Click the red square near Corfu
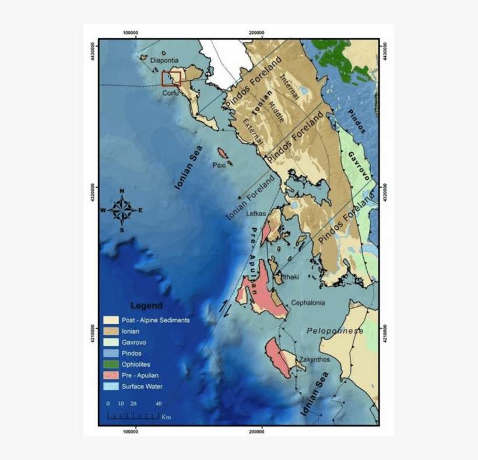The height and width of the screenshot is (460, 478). [x=171, y=78]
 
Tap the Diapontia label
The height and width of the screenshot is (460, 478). [x=164, y=60]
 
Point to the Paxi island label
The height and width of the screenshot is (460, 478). [x=219, y=165]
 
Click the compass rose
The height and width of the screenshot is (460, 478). [x=122, y=210]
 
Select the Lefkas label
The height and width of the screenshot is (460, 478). [x=256, y=214]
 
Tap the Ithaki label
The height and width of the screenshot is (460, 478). [x=290, y=277]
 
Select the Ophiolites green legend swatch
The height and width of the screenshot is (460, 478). [x=111, y=364]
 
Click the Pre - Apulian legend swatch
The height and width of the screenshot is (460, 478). [x=111, y=375]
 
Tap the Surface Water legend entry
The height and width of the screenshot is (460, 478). [x=142, y=386]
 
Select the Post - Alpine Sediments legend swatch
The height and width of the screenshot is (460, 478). [x=111, y=320]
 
